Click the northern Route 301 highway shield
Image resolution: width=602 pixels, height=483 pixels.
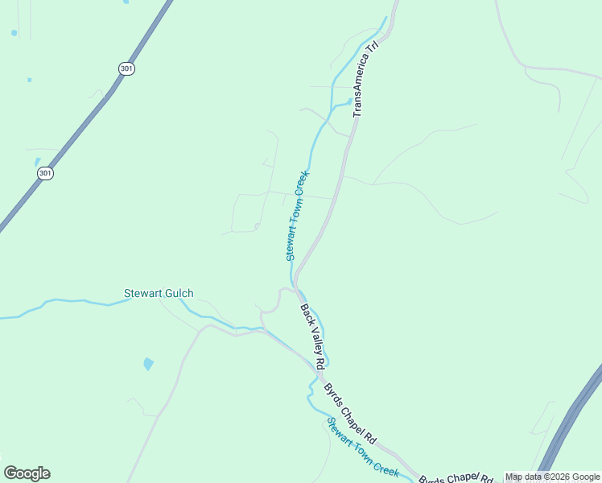point(126,69)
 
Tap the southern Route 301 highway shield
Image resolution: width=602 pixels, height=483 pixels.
point(45,173)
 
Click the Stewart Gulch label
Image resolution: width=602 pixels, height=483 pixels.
point(159,294)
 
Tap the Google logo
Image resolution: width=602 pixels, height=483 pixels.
point(27,473)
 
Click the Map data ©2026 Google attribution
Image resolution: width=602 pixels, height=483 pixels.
point(552,477)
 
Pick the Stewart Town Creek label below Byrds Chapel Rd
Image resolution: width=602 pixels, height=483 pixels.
point(363,447)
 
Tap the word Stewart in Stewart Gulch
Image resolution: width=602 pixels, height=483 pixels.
point(140,294)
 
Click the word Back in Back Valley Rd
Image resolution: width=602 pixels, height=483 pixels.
point(305,313)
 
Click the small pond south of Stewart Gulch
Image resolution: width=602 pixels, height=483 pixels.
point(148,364)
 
